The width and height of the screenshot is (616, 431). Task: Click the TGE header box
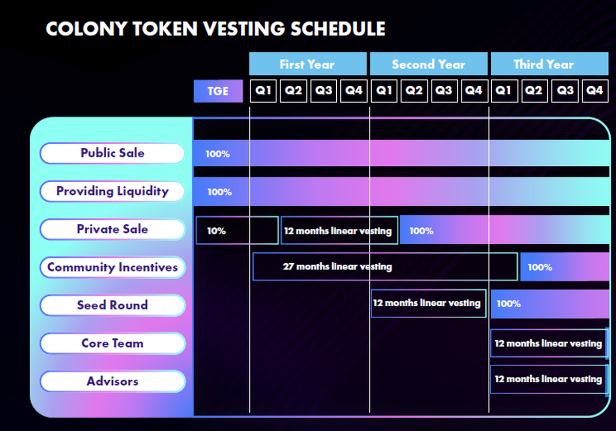point(218,91)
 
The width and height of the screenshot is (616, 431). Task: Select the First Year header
point(307,64)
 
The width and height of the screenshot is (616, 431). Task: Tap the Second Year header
point(429,64)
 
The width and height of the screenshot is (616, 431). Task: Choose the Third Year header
point(549,64)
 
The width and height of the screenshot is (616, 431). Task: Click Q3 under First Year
point(323,91)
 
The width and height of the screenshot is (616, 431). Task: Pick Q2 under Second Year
point(414,91)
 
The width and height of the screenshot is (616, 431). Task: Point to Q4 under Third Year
point(595,91)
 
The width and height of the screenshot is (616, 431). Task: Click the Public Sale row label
point(112,153)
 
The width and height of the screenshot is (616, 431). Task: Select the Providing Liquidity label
point(112,191)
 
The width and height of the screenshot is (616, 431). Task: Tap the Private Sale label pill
point(112,229)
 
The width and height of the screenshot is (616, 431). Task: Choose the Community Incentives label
point(112,267)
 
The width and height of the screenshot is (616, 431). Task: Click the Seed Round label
point(112,305)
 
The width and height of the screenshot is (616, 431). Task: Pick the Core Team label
point(112,343)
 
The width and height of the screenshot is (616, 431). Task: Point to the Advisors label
point(112,381)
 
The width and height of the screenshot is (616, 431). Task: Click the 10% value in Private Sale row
point(217,231)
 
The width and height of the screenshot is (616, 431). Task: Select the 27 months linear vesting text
point(337,267)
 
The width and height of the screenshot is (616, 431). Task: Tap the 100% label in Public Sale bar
point(218,154)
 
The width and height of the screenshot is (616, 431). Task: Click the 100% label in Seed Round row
point(509,304)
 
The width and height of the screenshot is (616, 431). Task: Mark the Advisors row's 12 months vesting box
point(549,379)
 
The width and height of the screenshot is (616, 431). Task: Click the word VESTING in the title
point(244,29)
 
